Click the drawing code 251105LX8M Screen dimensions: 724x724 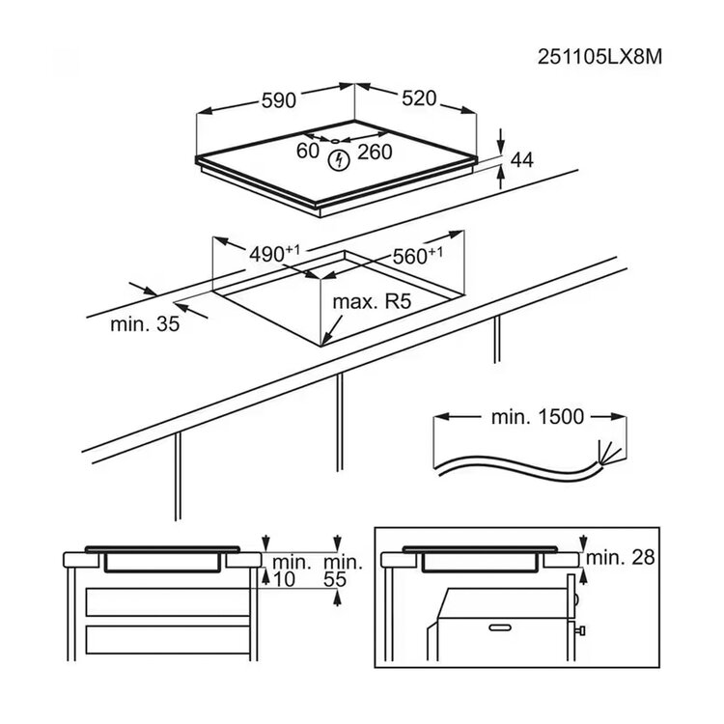[x=599, y=57]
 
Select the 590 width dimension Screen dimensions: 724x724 [x=278, y=99]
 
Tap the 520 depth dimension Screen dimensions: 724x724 [x=419, y=97]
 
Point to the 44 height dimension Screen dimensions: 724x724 [x=522, y=159]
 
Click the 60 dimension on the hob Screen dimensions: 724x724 [x=308, y=151]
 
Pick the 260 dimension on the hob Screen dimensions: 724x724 [x=375, y=152]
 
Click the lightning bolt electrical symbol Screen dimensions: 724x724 [x=339, y=160]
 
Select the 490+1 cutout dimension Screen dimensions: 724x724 [x=274, y=253]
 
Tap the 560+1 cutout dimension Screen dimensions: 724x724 [x=417, y=255]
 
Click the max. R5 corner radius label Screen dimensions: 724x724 [x=372, y=302]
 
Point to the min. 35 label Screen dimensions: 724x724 [x=145, y=323]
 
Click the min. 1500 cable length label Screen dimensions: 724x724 [x=538, y=416]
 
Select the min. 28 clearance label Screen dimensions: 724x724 [x=621, y=557]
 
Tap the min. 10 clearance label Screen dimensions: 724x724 [x=291, y=571]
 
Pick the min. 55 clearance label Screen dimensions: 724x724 [x=343, y=571]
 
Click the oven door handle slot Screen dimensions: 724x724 [x=500, y=627]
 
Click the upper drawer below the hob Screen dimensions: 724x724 [x=168, y=602]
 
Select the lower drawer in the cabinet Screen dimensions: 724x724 [x=168, y=639]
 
